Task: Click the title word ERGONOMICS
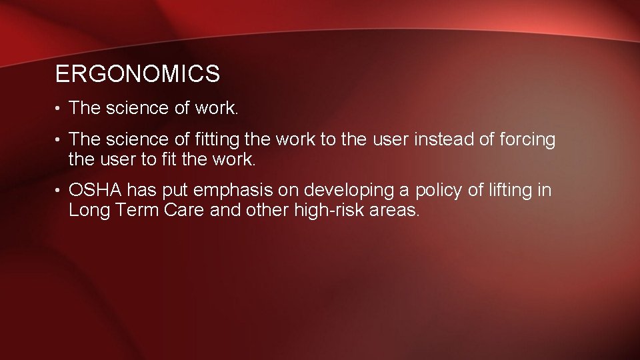pyautogui.click(x=137, y=74)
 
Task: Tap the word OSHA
pyautogui.click(x=95, y=191)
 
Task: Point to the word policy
pyautogui.click(x=439, y=191)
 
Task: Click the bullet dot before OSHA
pyautogui.click(x=59, y=191)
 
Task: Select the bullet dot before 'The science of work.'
pyautogui.click(x=59, y=109)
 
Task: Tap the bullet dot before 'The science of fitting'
pyautogui.click(x=59, y=141)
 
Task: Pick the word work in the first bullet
pyautogui.click(x=215, y=108)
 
